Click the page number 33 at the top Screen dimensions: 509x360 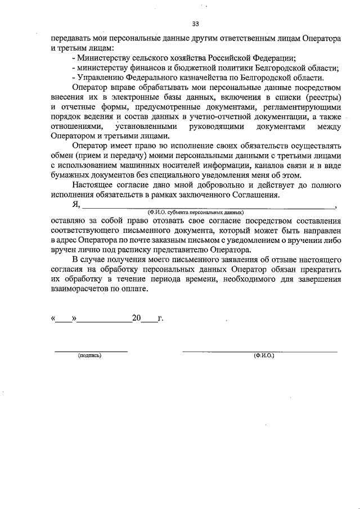(x=195, y=24)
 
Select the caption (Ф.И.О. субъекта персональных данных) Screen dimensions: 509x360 (x=195, y=213)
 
